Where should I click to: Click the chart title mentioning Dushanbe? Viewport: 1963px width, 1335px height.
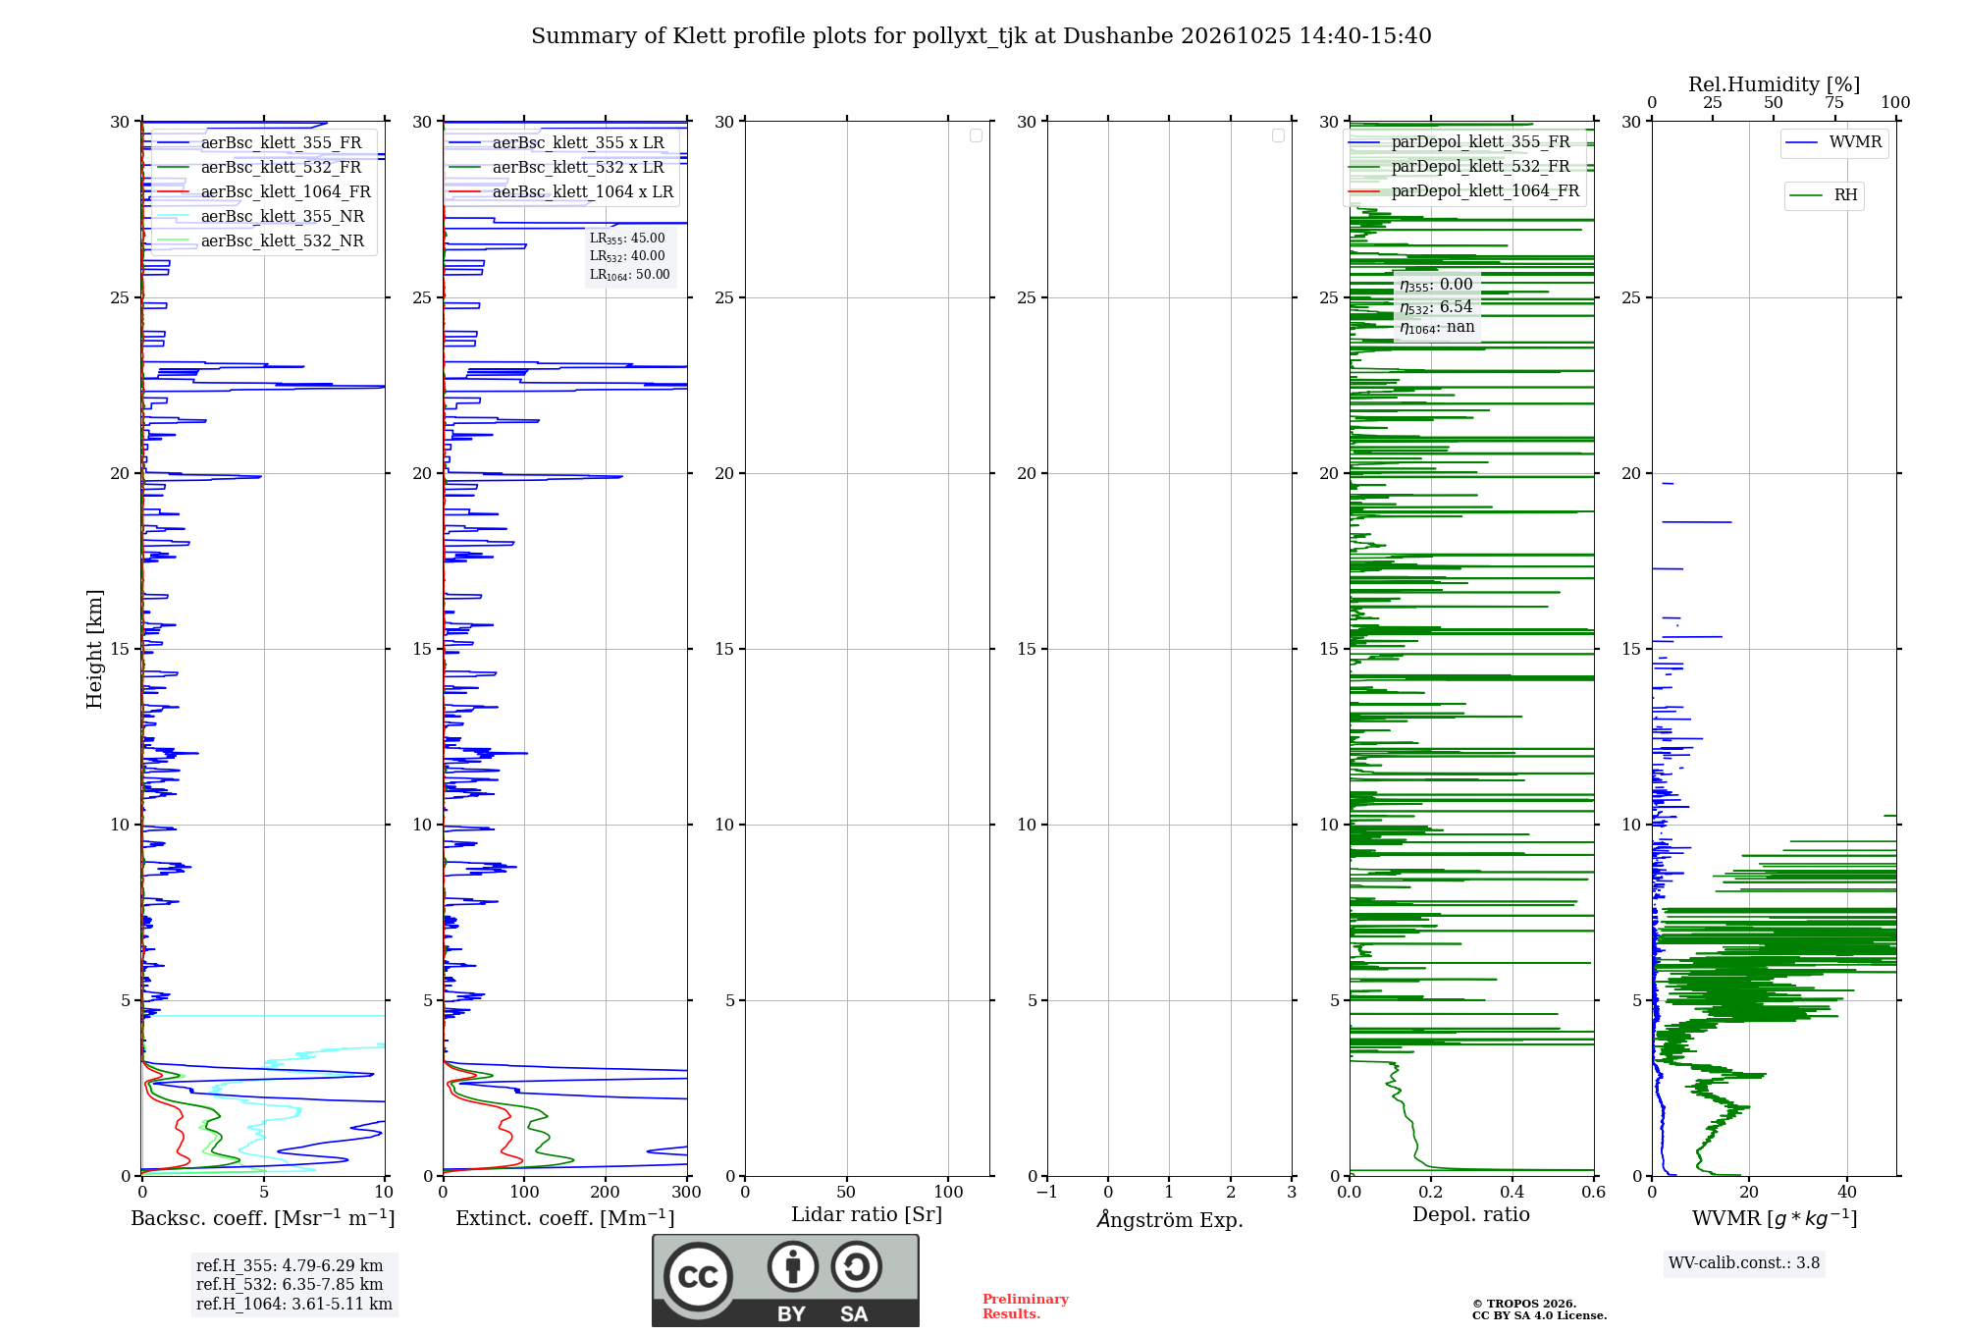(981, 36)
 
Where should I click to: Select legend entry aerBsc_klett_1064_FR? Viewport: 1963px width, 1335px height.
(264, 191)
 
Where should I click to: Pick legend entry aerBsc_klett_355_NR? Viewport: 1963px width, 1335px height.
(261, 216)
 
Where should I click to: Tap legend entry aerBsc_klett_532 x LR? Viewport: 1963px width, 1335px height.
(557, 167)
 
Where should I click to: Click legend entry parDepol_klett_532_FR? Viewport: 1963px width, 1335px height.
(1459, 166)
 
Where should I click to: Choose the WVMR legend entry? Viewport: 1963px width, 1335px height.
(1833, 142)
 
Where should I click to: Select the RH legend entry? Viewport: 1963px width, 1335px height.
(1824, 195)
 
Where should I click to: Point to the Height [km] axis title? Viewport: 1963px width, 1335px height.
(94, 649)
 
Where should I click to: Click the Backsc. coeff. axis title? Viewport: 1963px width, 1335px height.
(263, 1218)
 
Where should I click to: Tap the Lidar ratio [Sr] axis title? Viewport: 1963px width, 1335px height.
(867, 1215)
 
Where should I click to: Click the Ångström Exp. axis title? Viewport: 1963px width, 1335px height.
(1170, 1219)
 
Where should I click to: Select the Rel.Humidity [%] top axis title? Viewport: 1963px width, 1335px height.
(1775, 84)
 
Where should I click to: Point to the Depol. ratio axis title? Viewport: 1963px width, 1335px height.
(1471, 1214)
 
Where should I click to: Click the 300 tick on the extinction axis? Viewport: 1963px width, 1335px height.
(687, 1192)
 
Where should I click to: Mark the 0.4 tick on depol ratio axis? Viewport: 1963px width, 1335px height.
(1512, 1192)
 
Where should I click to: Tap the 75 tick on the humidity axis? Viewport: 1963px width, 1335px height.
(1834, 102)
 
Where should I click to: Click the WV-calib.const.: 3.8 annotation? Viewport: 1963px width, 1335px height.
(1744, 1263)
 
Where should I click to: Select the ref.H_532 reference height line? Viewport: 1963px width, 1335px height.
(290, 1284)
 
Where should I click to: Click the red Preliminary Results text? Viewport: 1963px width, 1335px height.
(1026, 1307)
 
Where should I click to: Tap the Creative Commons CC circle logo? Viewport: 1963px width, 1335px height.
(698, 1276)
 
